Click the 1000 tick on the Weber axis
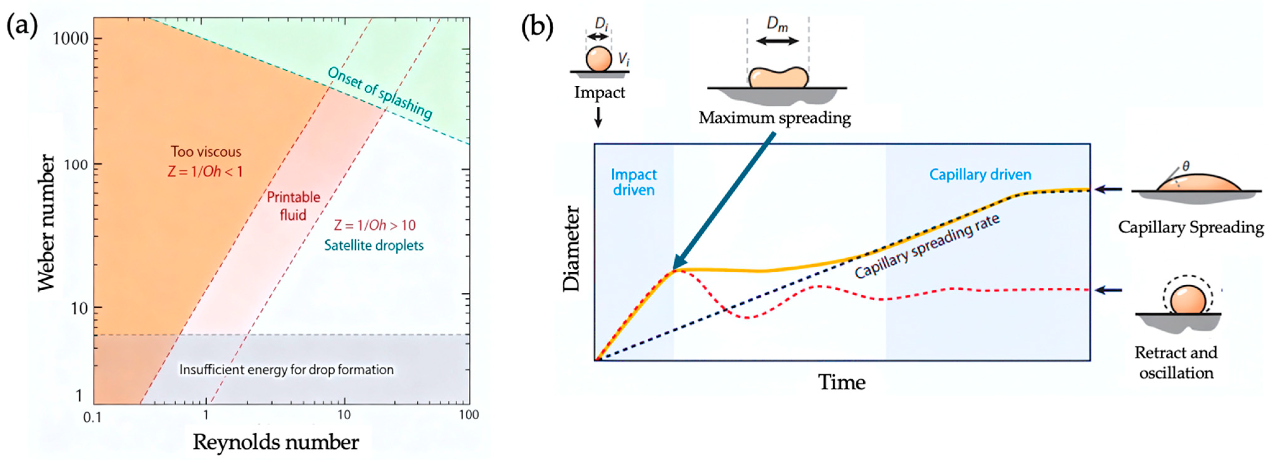(70, 38)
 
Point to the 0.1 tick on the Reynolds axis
(92, 418)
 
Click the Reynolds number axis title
(275, 442)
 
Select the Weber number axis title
(47, 223)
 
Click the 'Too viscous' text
(206, 152)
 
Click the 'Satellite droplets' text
(374, 245)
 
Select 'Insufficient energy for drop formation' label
(286, 369)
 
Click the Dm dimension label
(777, 24)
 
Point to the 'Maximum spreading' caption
(774, 118)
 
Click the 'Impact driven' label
(633, 182)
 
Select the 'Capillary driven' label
(980, 174)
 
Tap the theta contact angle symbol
(1186, 166)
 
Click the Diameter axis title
(572, 249)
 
